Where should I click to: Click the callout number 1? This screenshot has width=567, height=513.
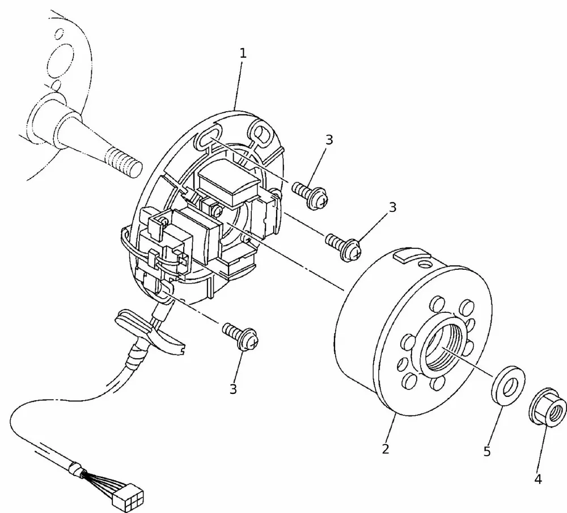(243, 54)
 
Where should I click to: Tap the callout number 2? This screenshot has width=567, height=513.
(386, 450)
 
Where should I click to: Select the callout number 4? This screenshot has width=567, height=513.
(538, 480)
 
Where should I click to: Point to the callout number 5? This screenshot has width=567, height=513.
(486, 451)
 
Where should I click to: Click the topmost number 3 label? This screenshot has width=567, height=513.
(329, 139)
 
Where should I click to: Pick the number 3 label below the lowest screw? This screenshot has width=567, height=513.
(233, 389)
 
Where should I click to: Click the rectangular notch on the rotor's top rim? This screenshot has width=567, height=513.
(407, 256)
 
